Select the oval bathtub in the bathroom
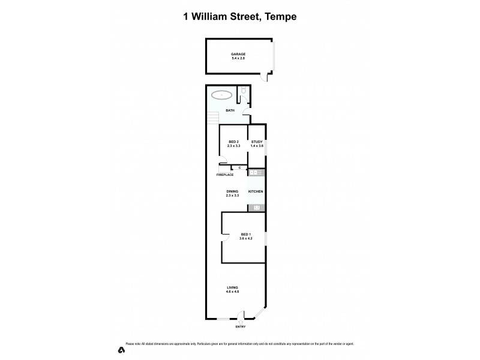click(221, 95)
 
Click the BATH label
click(230, 110)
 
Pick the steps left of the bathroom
click(212, 118)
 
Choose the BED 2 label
click(233, 142)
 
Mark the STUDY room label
click(257, 142)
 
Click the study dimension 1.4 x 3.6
click(257, 146)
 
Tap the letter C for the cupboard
click(239, 168)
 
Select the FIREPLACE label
click(225, 175)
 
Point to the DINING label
click(232, 191)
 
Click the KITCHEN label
click(256, 191)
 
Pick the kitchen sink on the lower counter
click(256, 208)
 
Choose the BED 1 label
click(245, 234)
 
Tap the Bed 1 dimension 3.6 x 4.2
click(245, 239)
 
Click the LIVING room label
click(232, 287)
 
